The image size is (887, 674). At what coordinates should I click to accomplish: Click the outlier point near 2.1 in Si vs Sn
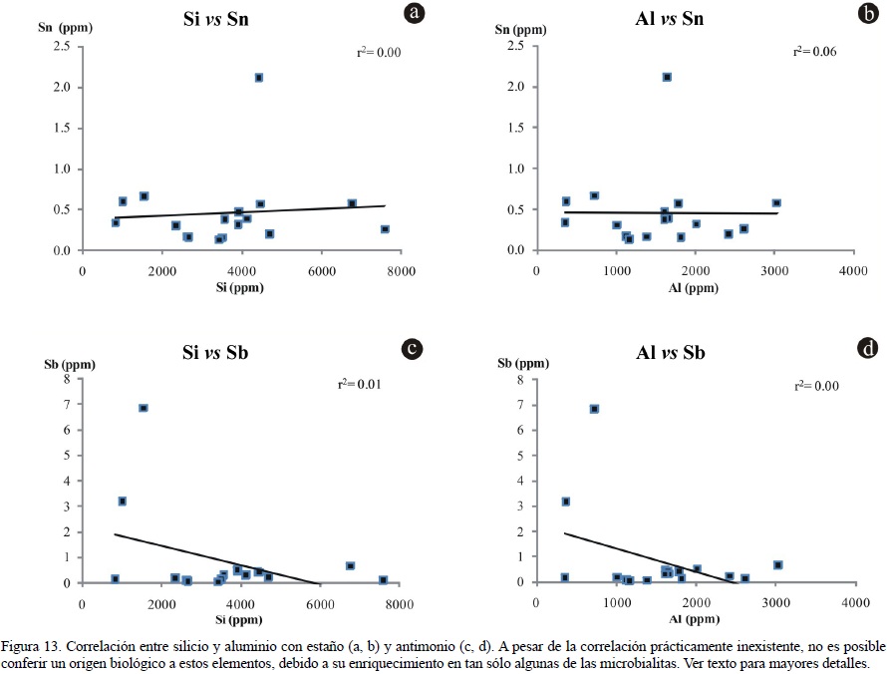tap(259, 78)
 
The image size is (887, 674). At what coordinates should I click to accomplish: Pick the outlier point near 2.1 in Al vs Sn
tap(667, 77)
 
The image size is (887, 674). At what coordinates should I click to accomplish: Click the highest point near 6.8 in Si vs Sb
tap(144, 408)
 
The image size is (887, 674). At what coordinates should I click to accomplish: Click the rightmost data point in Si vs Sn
tap(385, 229)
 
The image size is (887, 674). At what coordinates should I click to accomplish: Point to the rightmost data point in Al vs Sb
tap(777, 565)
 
